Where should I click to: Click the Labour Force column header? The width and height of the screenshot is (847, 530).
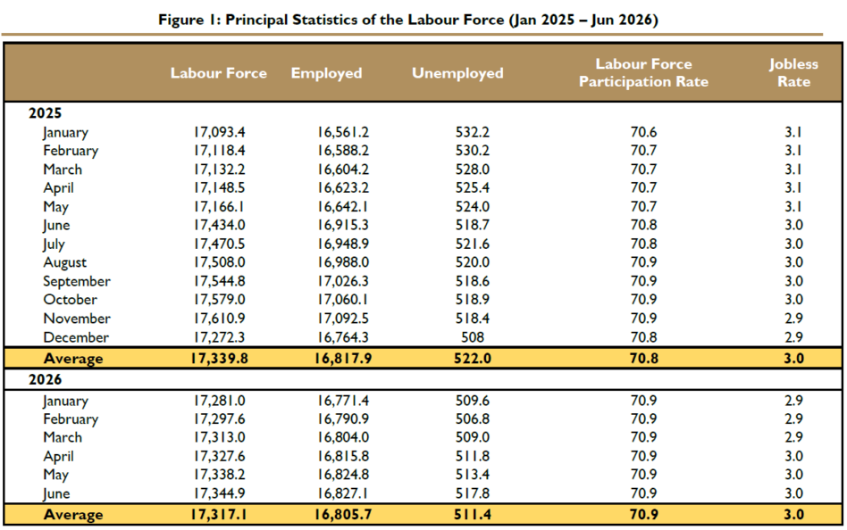218,73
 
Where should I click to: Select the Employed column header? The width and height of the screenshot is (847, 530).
326,73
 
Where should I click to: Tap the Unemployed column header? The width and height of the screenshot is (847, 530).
457,73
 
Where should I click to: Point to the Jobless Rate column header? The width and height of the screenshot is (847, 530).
793,72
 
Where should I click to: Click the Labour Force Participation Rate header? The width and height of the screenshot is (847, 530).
643,72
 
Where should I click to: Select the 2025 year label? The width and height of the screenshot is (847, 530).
45,112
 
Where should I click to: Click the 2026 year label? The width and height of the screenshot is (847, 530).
45,379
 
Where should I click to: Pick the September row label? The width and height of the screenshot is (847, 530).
77,281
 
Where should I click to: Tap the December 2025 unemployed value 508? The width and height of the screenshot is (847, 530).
473,337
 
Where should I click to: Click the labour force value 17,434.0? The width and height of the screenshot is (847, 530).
219,225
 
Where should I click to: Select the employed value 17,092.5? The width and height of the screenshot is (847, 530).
343,319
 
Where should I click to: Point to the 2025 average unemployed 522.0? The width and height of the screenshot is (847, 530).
473,359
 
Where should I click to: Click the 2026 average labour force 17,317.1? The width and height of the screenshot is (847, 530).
219,514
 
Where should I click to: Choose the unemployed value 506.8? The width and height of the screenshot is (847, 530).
473,418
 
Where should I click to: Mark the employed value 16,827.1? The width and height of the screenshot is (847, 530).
343,493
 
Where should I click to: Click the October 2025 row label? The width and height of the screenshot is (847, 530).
71,300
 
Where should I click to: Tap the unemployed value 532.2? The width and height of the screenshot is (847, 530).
473,132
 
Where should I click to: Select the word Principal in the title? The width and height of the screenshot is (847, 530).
256,20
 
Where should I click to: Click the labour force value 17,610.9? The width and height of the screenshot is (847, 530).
219,319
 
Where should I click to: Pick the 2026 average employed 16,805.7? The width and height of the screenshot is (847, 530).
343,514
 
